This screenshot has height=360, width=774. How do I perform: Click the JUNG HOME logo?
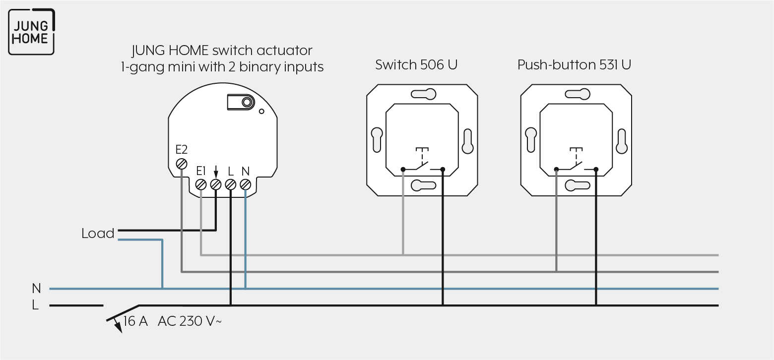click(x=31, y=32)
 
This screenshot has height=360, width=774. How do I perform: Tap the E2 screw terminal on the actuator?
click(x=182, y=164)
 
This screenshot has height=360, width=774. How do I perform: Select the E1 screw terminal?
click(x=201, y=184)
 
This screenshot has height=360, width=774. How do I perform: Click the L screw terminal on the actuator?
click(x=231, y=184)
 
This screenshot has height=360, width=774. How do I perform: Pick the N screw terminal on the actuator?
click(x=245, y=184)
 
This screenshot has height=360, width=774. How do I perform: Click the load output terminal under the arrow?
click(x=216, y=184)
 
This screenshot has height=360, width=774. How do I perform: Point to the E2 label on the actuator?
click(x=182, y=150)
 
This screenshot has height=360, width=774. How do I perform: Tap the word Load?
click(x=98, y=234)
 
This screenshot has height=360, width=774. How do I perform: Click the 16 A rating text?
click(x=135, y=321)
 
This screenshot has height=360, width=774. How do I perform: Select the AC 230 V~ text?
click(x=190, y=321)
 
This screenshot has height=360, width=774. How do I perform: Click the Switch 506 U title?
click(x=416, y=65)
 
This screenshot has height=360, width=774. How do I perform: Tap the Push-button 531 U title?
click(x=574, y=65)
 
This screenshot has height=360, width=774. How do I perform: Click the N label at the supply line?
click(x=36, y=288)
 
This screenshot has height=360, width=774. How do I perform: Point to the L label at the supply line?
click(x=35, y=305)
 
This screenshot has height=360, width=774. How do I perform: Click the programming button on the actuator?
click(x=241, y=102)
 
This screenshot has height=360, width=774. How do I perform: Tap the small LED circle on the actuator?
click(x=261, y=111)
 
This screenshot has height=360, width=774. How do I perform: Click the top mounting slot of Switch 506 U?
click(x=423, y=94)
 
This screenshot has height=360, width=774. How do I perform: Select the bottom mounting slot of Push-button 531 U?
click(x=578, y=185)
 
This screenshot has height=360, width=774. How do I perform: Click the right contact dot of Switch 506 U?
click(x=443, y=169)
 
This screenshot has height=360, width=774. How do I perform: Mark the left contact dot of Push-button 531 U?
click(x=556, y=169)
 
